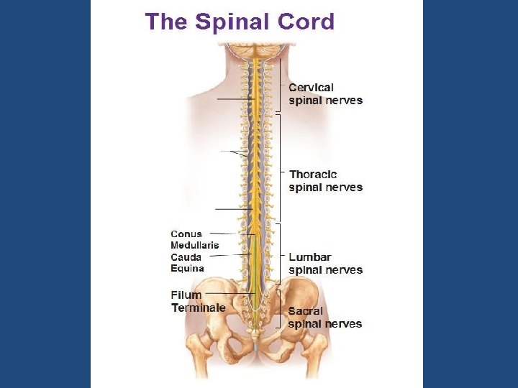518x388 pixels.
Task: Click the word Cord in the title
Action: point(306,22)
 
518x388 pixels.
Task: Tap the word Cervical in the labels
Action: point(312,88)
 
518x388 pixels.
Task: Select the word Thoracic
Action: point(313,175)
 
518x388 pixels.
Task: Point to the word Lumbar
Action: point(310,257)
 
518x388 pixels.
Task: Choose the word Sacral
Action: point(306,311)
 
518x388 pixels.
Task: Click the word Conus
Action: point(186,234)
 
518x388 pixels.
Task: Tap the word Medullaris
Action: point(195,245)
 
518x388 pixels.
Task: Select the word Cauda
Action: point(186,257)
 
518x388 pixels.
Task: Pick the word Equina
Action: point(187,269)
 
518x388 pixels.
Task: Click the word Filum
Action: point(186,295)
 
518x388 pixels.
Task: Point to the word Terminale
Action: point(199,308)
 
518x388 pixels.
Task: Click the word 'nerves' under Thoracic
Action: point(344,188)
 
